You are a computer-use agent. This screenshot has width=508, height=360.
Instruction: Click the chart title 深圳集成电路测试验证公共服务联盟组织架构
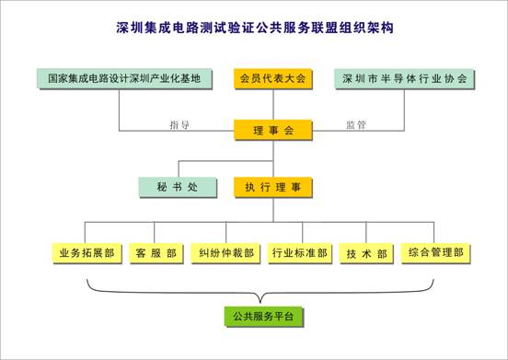255,28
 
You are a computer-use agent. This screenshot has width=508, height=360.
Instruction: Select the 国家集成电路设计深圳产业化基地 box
125,79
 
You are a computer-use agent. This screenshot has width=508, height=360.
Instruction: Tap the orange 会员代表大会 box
273,79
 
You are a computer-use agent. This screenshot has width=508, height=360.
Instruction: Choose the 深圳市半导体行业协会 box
404,79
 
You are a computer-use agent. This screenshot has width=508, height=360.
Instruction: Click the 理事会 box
273,130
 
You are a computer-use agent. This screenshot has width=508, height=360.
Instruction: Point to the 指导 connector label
179,124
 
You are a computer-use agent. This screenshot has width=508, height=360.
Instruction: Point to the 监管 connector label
356,124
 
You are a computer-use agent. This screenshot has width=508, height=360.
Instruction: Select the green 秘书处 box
178,187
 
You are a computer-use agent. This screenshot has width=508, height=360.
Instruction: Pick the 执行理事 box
273,187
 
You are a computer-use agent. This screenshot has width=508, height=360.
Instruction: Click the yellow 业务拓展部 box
87,253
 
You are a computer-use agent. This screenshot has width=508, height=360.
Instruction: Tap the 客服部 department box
156,253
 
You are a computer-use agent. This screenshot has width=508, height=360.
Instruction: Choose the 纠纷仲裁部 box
225,253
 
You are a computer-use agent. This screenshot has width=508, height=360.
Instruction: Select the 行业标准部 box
300,253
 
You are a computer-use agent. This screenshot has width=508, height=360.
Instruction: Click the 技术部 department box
366,253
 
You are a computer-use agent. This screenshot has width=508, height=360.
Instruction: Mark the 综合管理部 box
435,253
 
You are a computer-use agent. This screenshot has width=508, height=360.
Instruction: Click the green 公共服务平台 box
264,317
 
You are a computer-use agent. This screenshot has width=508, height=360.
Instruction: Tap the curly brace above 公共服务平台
260,294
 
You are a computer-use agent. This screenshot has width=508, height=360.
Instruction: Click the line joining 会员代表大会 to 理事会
273,104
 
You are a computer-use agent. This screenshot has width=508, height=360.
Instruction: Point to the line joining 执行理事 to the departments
273,210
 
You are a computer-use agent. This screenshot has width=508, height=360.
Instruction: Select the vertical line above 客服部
155,232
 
